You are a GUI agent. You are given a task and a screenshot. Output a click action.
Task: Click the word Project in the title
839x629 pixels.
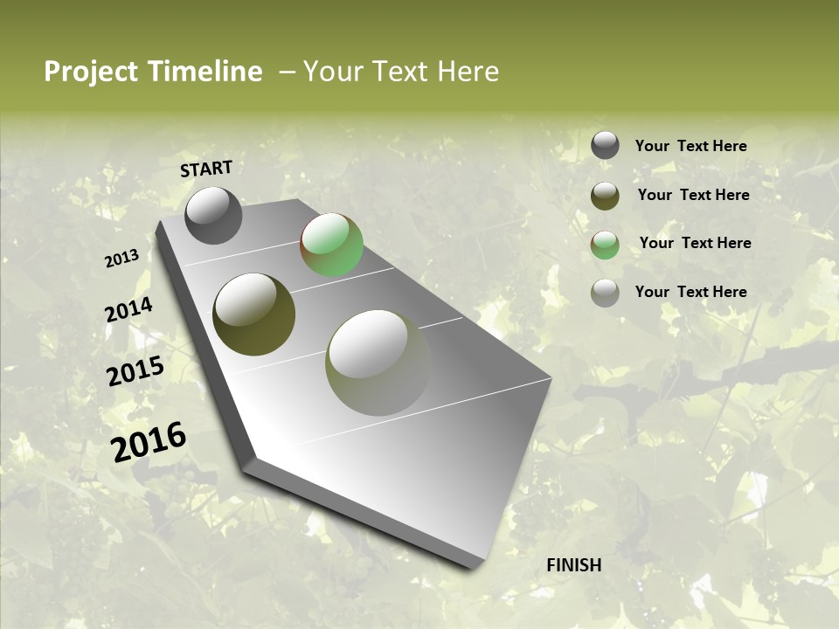[92, 72]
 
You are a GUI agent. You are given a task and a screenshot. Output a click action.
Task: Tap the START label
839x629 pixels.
[206, 169]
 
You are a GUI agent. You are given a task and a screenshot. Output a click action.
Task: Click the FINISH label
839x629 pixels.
[573, 565]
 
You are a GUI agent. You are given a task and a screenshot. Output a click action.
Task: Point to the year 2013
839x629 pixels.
[121, 259]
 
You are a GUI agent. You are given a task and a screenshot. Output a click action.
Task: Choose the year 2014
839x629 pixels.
[128, 310]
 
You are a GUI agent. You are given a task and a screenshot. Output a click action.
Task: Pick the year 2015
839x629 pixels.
[135, 371]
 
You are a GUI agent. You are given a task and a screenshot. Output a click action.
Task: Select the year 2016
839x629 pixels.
[149, 441]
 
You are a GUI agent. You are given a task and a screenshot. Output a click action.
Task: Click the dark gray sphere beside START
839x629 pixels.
[213, 216]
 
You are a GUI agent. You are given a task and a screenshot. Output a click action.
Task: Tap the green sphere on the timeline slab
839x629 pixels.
[332, 245]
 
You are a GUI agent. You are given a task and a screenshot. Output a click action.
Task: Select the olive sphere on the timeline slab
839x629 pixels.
[253, 314]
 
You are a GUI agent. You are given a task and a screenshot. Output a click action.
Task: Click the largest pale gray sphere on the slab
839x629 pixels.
[378, 362]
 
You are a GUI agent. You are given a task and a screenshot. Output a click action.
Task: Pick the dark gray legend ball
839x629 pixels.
[605, 146]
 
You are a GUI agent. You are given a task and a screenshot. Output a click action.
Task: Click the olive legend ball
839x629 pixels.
[605, 196]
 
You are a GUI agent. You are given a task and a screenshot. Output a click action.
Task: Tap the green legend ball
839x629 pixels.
[605, 245]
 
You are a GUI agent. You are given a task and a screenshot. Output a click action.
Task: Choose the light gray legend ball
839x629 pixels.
[605, 293]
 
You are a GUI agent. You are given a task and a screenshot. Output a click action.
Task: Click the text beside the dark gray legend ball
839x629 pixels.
[690, 147]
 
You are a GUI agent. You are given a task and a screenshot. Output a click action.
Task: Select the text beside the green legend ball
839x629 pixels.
[695, 243]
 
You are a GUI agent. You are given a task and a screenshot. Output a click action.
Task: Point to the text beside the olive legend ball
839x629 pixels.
[693, 195]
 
